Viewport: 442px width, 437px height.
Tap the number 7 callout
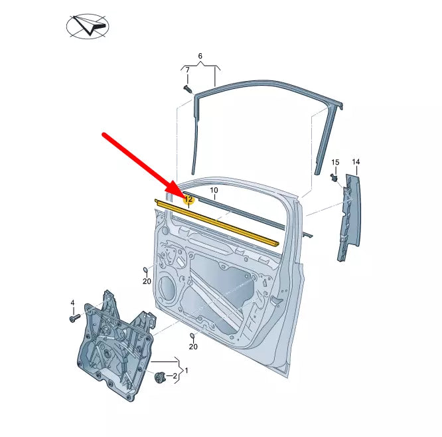point(187,70)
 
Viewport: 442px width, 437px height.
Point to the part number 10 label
point(214,191)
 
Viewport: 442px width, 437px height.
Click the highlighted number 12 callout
point(188,199)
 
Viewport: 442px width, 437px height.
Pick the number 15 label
point(335,162)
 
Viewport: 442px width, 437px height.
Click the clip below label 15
point(334,178)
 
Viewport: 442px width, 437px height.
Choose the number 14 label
point(356,162)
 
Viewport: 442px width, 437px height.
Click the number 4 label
point(73,304)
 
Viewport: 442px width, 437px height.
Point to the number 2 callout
point(175,377)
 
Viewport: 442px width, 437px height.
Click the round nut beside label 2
point(159,377)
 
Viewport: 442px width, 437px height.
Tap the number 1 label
point(187,370)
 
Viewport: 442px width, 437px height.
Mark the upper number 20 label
point(147,281)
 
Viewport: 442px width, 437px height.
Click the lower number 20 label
point(193,346)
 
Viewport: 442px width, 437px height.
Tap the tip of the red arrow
point(181,193)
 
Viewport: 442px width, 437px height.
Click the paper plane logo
point(88,27)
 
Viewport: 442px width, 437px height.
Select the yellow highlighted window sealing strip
point(219,222)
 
